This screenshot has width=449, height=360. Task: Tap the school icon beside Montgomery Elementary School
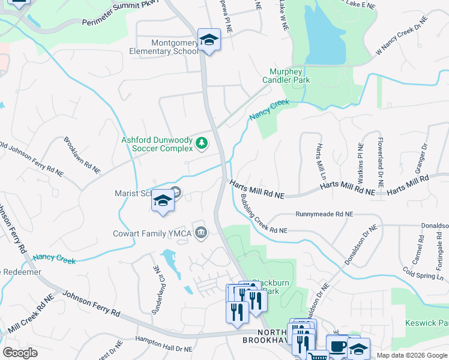[209, 40]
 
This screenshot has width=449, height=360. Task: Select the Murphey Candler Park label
[286, 76]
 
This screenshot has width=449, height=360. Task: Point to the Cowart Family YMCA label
[152, 233]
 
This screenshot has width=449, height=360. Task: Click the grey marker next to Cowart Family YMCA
[200, 232]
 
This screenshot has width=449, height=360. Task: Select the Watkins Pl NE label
[360, 163]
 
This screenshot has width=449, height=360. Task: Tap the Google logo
[20, 353]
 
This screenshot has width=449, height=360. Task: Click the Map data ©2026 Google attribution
[412, 355]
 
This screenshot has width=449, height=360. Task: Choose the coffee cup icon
[337, 346]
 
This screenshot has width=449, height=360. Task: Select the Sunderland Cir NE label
[155, 282]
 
